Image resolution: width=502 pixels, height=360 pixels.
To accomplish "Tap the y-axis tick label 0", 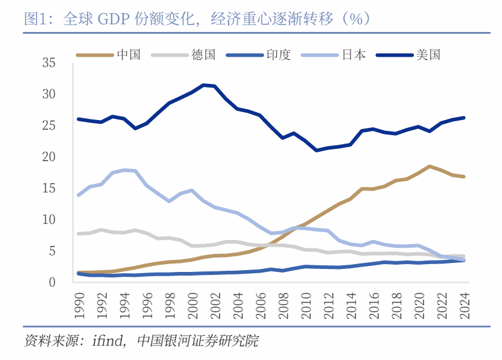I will [52, 282].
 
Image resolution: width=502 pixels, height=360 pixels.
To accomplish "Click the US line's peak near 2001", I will [204, 85].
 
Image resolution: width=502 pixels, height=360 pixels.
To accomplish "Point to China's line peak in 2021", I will [430, 166].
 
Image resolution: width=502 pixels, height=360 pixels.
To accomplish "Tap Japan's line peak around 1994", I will [125, 170].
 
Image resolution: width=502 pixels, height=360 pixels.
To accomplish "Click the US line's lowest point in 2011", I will [317, 150].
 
